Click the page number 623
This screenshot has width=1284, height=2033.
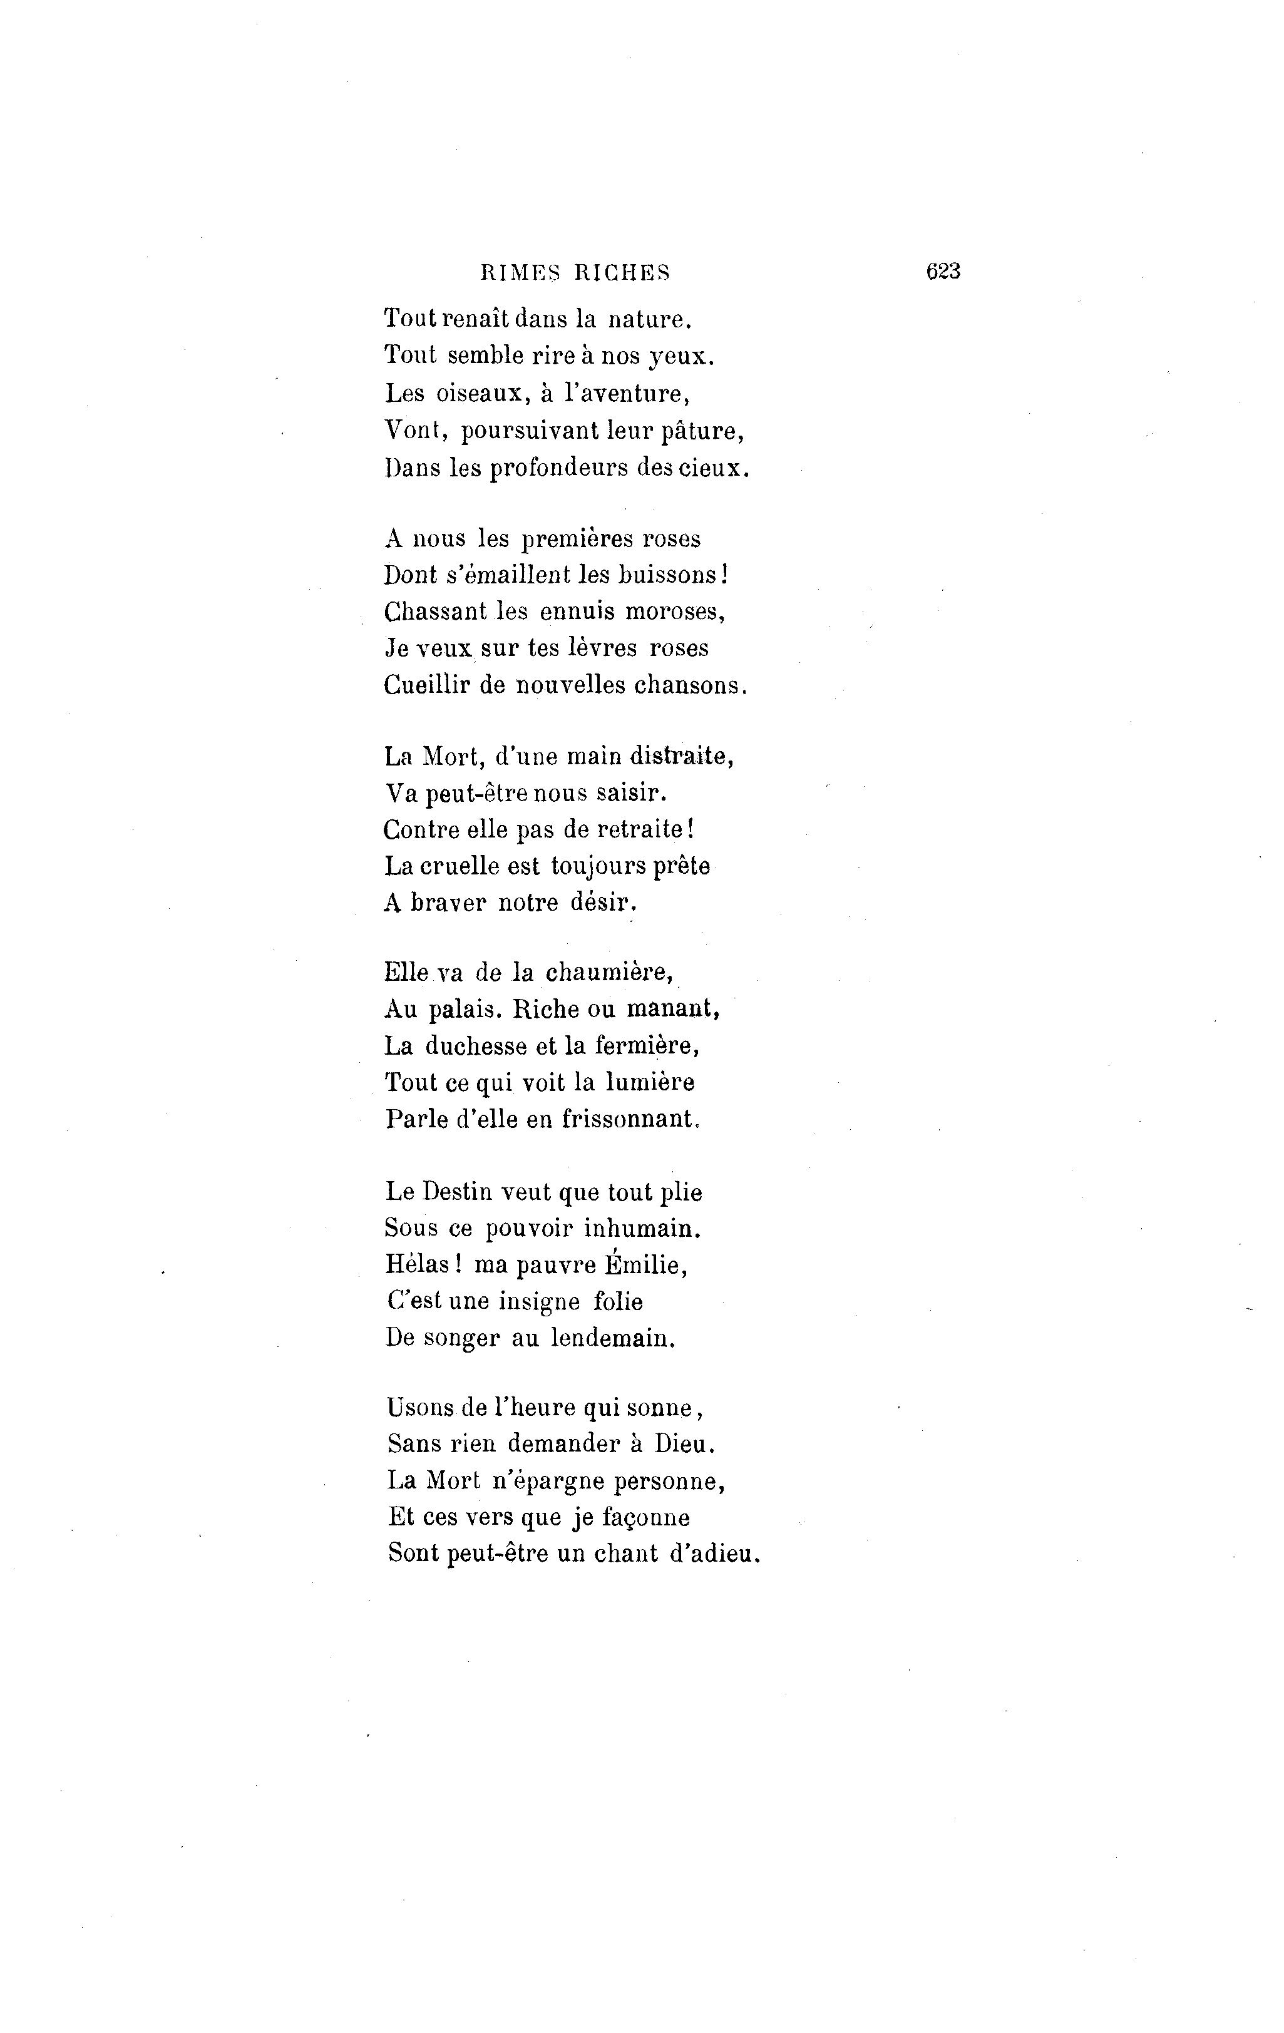943,271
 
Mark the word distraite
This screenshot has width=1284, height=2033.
684,757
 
